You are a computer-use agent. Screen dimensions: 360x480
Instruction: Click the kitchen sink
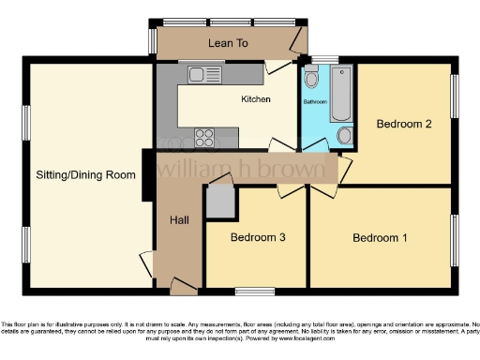point(202,74)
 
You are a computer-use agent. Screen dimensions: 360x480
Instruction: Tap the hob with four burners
point(205,137)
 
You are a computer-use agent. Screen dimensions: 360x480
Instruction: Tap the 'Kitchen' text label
point(255,99)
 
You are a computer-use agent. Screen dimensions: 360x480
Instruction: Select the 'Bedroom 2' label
point(403,124)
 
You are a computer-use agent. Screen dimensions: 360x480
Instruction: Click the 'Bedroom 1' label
point(380,237)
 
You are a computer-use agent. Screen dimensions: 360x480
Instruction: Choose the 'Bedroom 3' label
point(258,237)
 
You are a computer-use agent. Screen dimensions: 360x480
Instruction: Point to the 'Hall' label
point(180,220)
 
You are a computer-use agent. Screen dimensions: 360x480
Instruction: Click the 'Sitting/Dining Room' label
point(85,174)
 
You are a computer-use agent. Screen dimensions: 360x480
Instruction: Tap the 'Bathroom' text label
point(314,100)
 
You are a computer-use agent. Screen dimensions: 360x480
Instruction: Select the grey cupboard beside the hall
point(219,202)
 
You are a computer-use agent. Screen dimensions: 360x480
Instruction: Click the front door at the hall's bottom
point(179,282)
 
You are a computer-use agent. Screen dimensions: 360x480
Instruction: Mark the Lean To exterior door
point(300,40)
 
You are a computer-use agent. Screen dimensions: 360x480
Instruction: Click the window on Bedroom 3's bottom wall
point(254,289)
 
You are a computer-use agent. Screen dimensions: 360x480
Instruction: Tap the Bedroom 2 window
point(457,97)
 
